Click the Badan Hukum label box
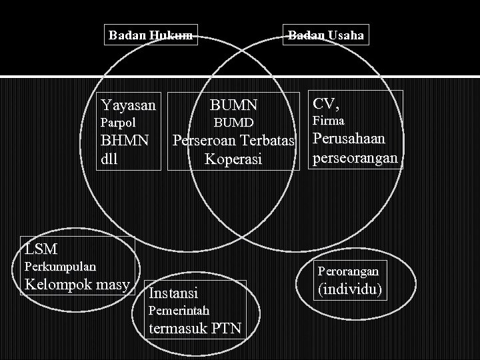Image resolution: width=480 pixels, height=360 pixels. (151, 35)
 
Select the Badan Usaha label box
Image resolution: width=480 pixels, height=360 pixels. (325, 35)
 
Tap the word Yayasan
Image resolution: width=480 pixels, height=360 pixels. (128, 105)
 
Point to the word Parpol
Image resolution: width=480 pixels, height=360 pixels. (117, 123)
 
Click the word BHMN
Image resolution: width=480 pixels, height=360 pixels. (123, 141)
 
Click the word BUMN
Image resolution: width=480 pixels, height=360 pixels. (233, 105)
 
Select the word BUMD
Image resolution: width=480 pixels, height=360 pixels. (233, 123)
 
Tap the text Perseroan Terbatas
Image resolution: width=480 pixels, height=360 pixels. (233, 141)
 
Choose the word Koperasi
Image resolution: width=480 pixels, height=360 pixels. (233, 160)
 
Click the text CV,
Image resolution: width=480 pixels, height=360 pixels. (326, 103)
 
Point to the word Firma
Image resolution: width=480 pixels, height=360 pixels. (328, 121)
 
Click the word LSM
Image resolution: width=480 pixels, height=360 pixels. (41, 250)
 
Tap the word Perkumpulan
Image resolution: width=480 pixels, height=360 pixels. (60, 267)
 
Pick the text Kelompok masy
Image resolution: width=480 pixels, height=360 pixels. (77, 285)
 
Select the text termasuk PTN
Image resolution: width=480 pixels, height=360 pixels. (195, 329)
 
